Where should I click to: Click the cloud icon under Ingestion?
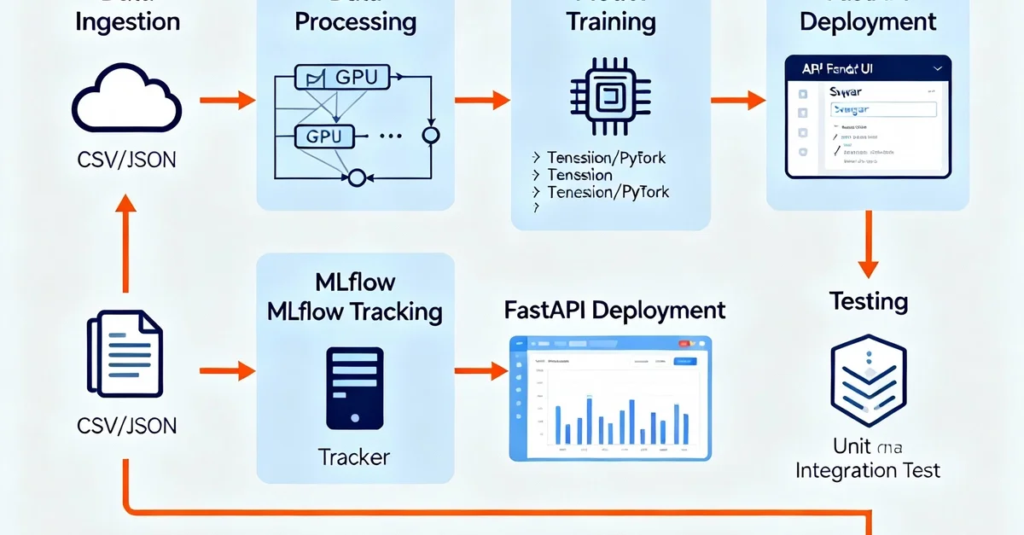point(126,102)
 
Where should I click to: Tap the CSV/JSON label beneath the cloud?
point(126,159)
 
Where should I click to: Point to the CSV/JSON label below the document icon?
point(126,424)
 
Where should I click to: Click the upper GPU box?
point(340,79)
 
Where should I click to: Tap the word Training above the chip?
point(611,21)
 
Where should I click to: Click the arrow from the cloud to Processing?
point(228,101)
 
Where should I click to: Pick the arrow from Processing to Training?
point(482,101)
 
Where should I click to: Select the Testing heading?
point(868,301)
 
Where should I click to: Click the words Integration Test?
point(868,469)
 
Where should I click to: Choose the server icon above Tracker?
point(354,387)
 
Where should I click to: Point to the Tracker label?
point(354,457)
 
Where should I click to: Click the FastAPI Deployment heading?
point(615,310)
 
